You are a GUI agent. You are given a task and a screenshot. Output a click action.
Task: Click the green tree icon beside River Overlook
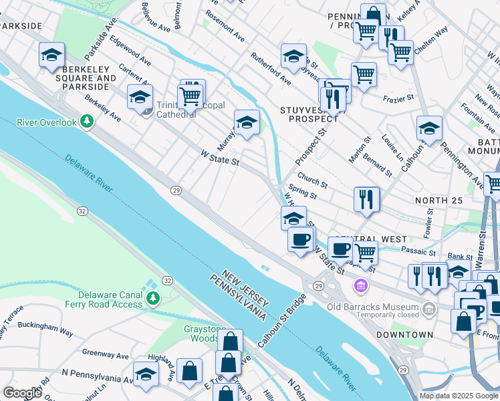click(x=86, y=121)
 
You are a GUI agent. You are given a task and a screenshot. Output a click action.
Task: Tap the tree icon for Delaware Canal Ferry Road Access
click(x=153, y=297)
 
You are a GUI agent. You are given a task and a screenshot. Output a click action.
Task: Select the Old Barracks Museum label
click(x=372, y=307)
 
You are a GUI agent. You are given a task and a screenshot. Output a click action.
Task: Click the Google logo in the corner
click(x=22, y=393)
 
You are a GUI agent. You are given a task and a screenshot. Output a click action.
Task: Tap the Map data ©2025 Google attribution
click(x=458, y=396)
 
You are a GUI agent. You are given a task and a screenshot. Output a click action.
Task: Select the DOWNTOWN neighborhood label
click(x=404, y=334)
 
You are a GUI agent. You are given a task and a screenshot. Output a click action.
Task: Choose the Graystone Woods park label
click(x=205, y=333)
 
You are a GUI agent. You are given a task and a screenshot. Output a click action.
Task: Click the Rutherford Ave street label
click(x=271, y=70)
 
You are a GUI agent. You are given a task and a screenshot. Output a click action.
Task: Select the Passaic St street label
click(x=418, y=252)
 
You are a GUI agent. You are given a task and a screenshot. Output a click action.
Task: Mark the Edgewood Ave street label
click(x=131, y=51)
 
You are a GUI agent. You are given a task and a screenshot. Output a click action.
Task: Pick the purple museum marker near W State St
click(x=361, y=286)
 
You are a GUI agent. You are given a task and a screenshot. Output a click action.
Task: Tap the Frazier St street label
click(x=399, y=99)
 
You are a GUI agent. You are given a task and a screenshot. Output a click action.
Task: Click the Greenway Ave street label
click(x=103, y=352)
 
